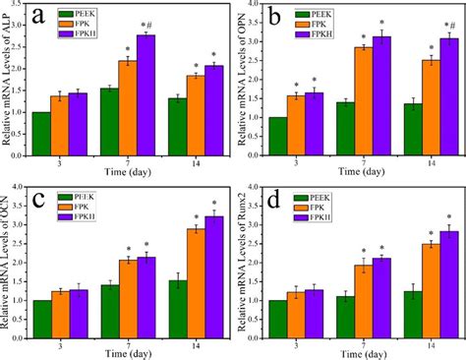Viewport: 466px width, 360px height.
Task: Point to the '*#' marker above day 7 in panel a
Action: pos(147,26)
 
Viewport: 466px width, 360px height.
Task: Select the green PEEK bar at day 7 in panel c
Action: pos(109,310)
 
